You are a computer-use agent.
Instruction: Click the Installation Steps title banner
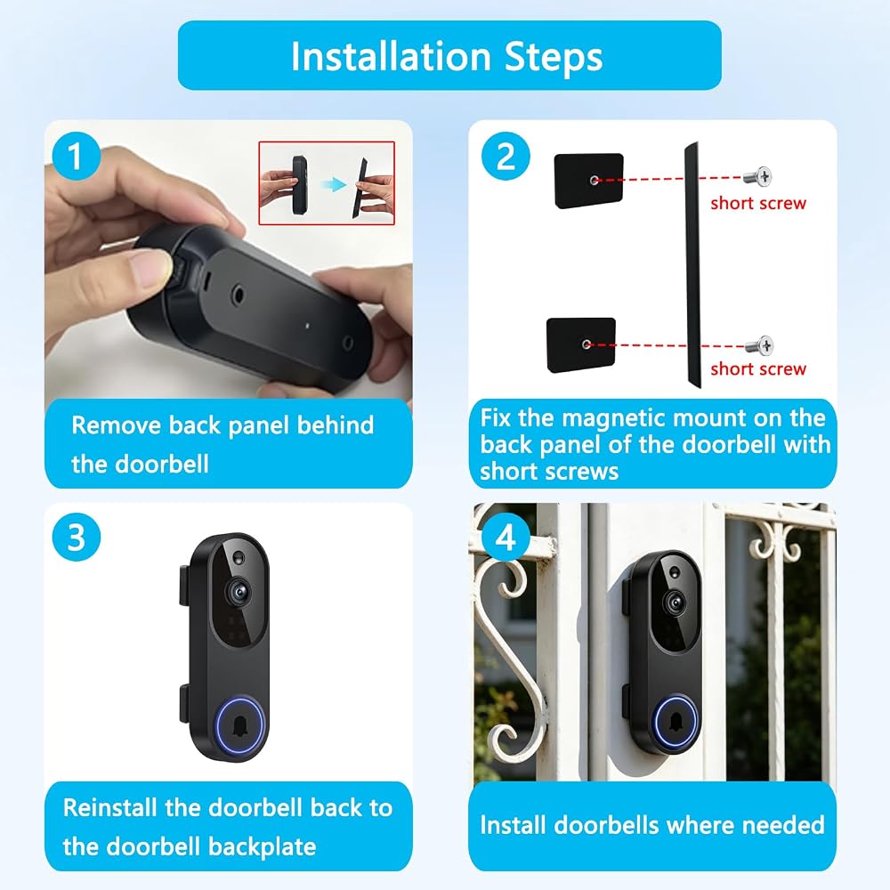point(449,55)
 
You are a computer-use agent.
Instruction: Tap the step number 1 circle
point(76,156)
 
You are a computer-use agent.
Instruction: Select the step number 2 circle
point(506,156)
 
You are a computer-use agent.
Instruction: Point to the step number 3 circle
point(76,537)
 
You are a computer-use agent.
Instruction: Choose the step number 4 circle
point(506,537)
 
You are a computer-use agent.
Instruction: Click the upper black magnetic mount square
point(588,181)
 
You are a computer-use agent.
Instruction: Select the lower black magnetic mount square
point(581,344)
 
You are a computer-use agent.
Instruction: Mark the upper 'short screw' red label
point(757,203)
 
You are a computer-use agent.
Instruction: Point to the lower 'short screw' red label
point(757,369)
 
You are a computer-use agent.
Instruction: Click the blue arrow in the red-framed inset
point(333,184)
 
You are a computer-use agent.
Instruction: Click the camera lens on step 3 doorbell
point(239,592)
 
